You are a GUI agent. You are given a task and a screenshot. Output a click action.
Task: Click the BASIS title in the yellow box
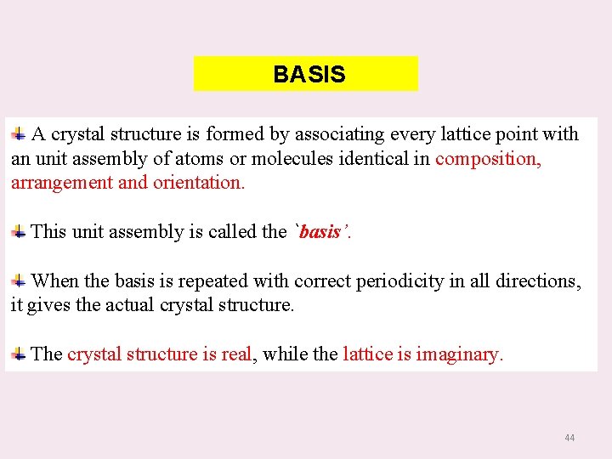309,75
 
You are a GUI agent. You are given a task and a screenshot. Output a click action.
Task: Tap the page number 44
569,438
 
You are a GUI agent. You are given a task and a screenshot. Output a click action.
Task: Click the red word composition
488,159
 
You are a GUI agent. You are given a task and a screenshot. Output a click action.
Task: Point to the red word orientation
198,183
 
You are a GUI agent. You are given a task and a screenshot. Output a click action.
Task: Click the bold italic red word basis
320,232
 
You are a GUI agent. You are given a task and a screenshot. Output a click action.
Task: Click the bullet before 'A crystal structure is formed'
18,134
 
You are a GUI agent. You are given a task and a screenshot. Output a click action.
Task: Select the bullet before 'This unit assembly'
18,232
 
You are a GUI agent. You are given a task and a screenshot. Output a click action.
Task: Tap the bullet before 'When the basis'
18,280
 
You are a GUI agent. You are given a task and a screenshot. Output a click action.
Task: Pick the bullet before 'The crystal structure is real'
18,354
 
